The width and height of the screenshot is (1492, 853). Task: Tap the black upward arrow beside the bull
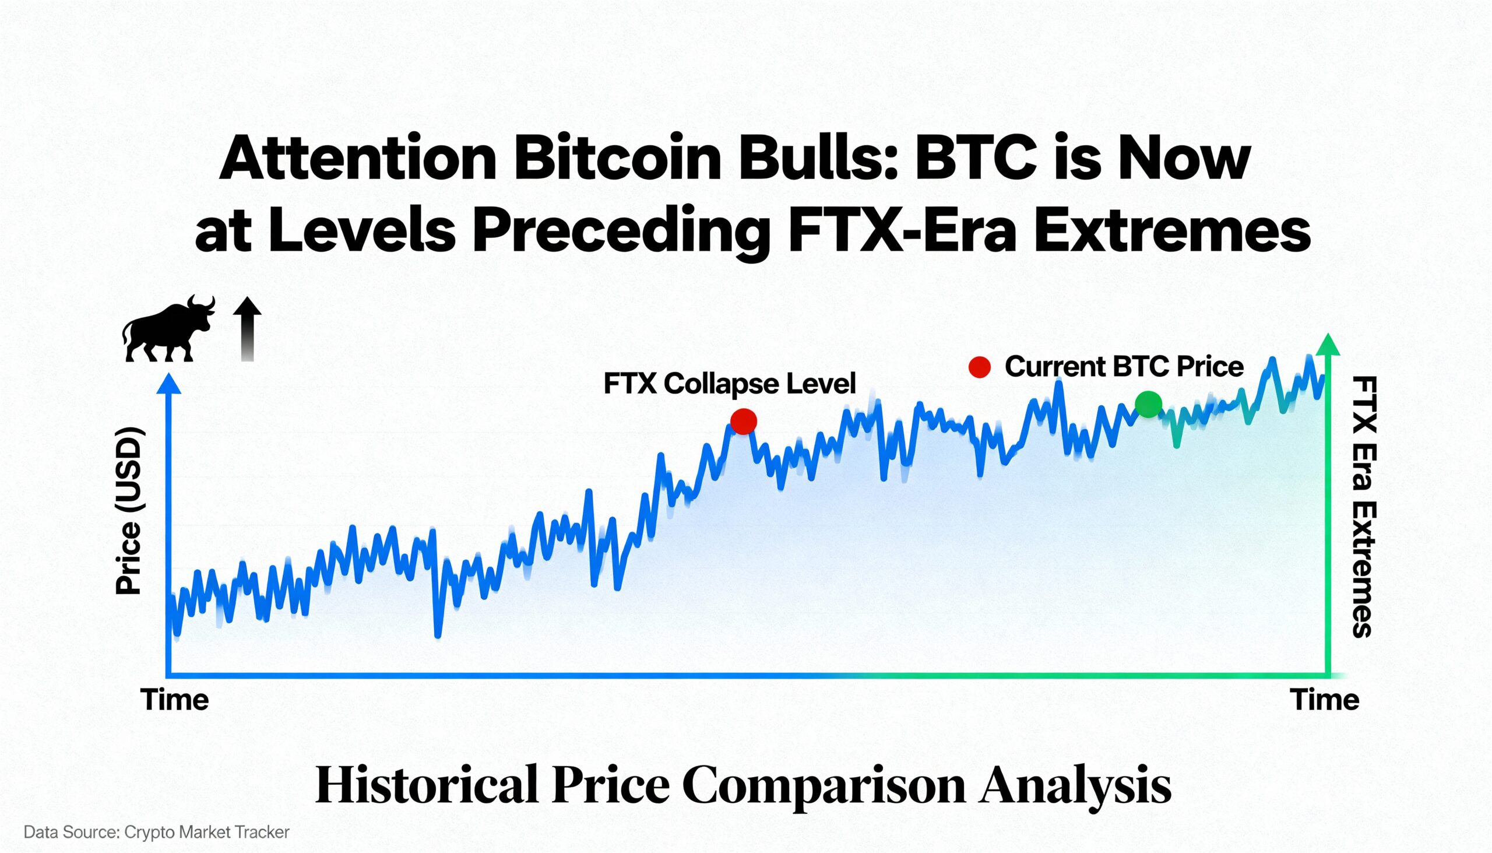coord(247,329)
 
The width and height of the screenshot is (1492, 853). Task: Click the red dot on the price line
coord(743,421)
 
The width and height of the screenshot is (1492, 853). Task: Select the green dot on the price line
coord(1148,404)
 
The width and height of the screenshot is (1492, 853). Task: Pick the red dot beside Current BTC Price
coord(980,367)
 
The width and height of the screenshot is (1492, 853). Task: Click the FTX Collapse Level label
coord(729,384)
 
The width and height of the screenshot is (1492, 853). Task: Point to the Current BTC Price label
coord(1124,367)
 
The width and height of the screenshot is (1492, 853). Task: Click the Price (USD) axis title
coord(129,511)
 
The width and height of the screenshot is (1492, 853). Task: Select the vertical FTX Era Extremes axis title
coord(1363,507)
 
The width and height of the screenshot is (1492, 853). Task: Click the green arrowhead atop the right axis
coord(1328,345)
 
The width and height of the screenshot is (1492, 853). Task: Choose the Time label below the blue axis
coord(174,700)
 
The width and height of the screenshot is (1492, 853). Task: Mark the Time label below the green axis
coord(1325,700)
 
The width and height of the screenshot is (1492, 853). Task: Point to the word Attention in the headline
coord(358,159)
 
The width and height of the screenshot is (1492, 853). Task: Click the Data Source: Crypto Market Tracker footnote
coord(156,833)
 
